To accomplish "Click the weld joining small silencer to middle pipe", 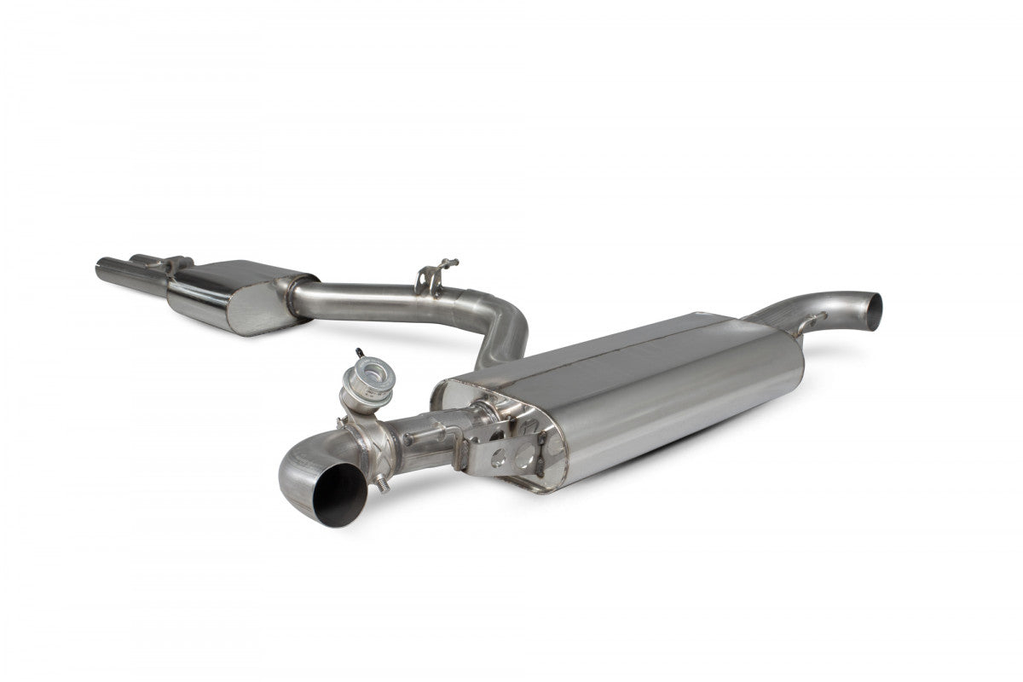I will click(294, 294).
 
